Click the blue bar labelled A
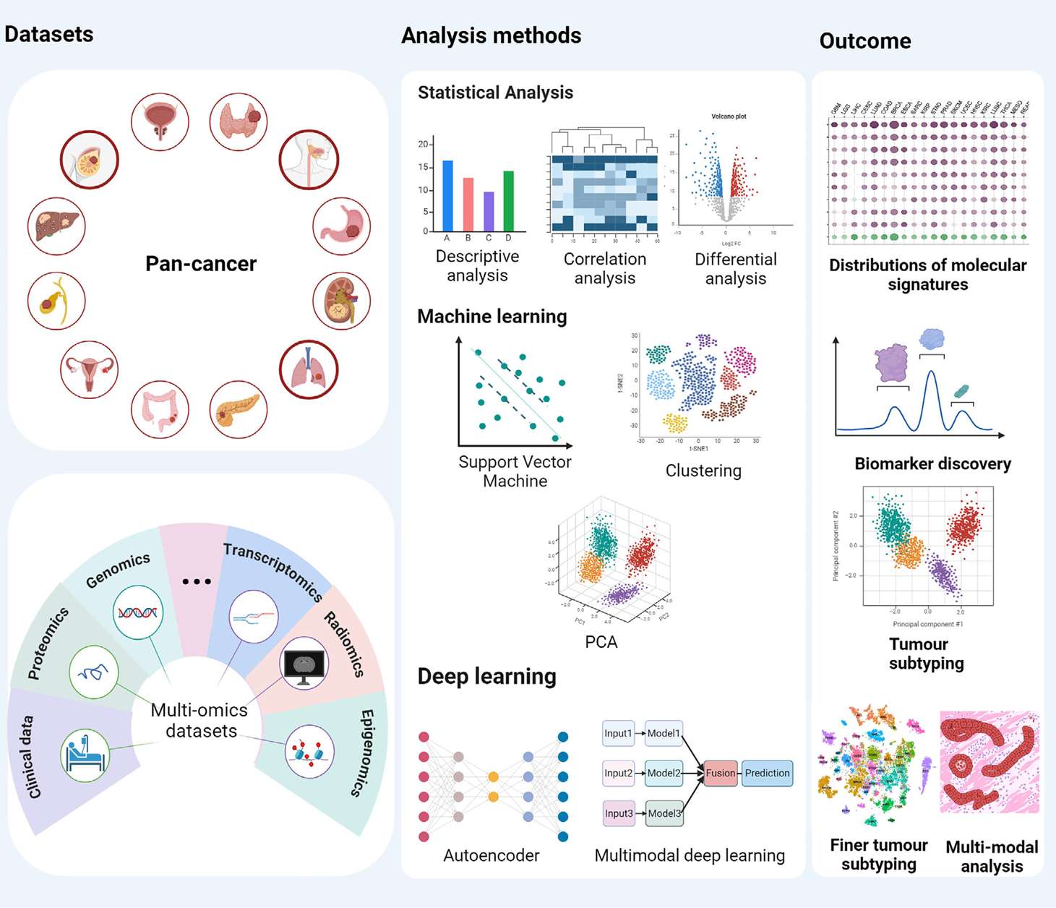pos(447,196)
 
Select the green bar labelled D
pos(508,201)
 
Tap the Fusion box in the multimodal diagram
pos(720,773)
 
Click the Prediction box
pos(767,773)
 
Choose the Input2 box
pos(618,773)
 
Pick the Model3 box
pos(664,813)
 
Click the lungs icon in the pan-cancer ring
pos(309,369)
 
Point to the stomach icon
pos(342,227)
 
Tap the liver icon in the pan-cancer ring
pos(56,226)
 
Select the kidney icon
pos(341,301)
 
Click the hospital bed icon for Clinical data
pos(85,755)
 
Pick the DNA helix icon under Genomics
pos(137,612)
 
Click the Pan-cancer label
pos(201,264)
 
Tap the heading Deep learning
pos(486,676)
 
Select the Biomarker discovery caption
pos(932,464)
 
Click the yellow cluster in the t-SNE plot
pos(675,422)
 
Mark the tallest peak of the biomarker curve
pos(932,372)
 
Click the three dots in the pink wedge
pos(197,581)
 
